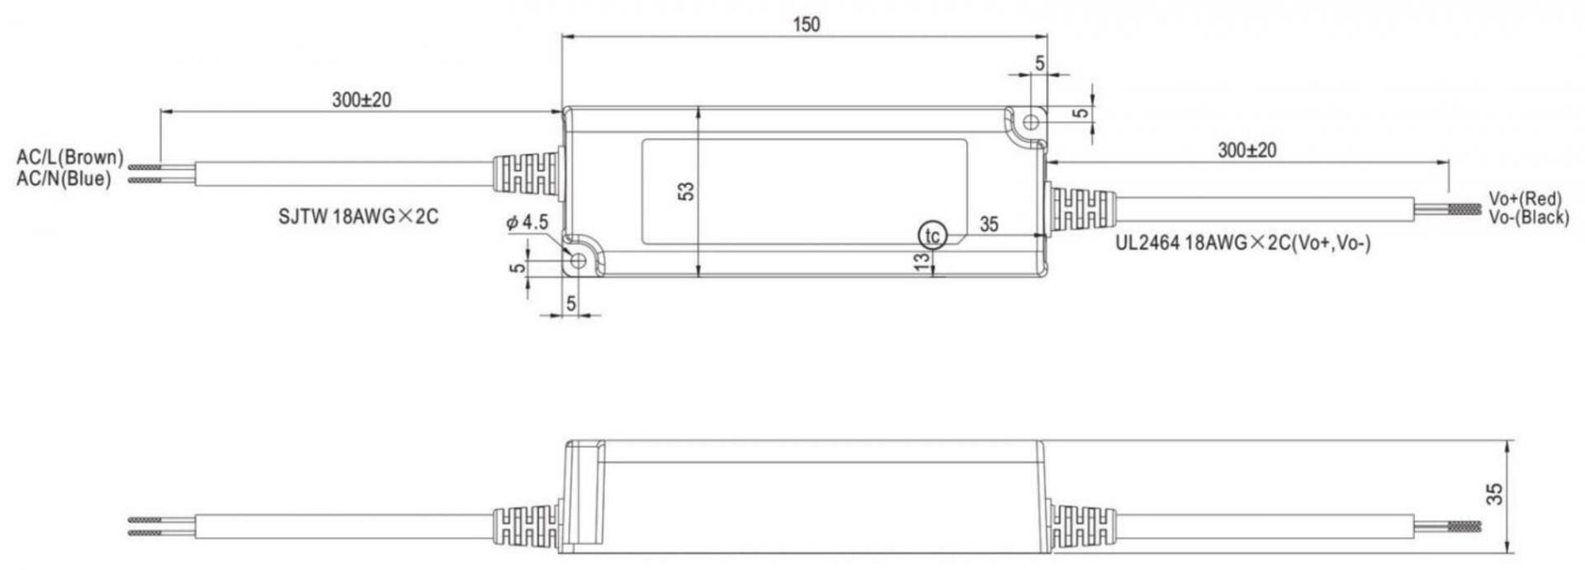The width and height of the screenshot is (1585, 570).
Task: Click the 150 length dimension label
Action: coord(807,25)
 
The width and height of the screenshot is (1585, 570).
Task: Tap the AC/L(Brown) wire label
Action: coord(70,157)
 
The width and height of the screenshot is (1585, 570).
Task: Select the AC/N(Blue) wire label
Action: coord(64,178)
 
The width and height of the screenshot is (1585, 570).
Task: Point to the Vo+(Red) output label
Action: coord(1526,199)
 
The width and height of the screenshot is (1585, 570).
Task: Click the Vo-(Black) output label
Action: coord(1529,217)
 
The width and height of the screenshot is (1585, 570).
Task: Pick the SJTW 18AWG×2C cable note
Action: coord(358,217)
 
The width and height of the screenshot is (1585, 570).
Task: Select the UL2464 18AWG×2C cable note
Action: coord(1243,243)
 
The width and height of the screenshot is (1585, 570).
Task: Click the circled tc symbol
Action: coord(932,236)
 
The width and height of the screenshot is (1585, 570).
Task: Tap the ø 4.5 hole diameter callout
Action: coord(527,222)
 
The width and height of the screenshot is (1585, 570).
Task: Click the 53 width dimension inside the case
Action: coord(686,191)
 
